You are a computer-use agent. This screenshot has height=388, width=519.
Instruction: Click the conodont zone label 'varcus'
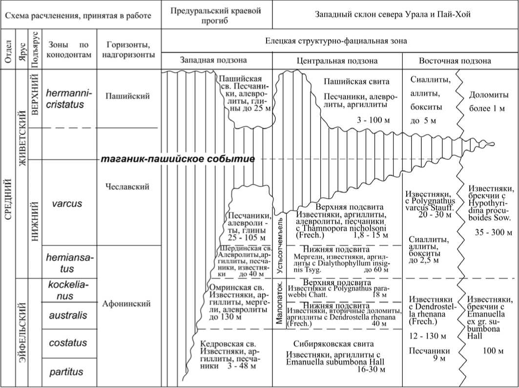[x=67, y=204]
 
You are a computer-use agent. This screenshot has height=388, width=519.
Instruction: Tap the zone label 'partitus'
[x=66, y=372]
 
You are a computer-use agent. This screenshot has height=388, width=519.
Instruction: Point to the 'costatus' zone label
[x=68, y=343]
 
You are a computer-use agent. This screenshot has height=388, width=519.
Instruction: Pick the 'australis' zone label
[x=68, y=315]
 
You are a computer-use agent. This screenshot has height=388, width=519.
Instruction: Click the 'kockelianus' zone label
[x=68, y=290]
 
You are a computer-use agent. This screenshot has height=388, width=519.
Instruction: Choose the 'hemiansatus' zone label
[x=68, y=262]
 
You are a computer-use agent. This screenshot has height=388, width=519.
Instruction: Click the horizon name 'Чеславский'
[x=127, y=187]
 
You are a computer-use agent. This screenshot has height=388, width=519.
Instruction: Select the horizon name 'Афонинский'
[x=127, y=304]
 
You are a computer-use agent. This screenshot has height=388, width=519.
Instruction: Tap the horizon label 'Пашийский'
[x=127, y=96]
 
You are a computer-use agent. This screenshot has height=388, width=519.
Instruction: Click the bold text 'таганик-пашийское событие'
[x=177, y=159]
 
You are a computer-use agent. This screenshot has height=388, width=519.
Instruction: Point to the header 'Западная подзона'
[x=213, y=60]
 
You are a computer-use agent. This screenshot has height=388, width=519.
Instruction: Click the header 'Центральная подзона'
[x=337, y=60]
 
